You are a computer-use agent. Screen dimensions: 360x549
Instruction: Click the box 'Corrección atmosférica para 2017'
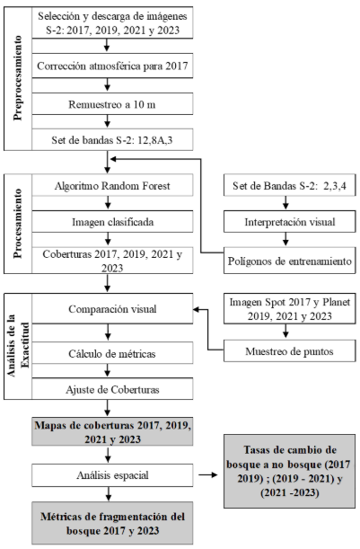[112, 66]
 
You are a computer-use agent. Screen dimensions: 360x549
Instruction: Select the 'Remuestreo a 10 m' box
[112, 104]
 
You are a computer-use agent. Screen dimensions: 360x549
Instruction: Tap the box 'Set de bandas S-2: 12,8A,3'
[112, 140]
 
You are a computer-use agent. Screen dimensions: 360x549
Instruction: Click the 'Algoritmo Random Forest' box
[112, 185]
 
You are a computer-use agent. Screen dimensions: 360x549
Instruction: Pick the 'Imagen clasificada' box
[112, 222]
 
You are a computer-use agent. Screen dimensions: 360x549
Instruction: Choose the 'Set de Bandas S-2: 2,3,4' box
[290, 185]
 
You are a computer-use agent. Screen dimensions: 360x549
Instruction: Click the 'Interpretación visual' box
[290, 222]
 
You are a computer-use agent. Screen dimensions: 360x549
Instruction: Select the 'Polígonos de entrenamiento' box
[290, 261]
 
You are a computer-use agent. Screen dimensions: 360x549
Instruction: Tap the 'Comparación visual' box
[112, 308]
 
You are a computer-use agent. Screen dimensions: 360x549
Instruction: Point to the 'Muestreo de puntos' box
[290, 351]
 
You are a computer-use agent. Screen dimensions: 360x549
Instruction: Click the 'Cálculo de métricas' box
[112, 353]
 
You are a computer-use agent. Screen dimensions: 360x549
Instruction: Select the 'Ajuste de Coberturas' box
[112, 389]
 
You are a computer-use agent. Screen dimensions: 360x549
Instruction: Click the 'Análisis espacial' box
[112, 475]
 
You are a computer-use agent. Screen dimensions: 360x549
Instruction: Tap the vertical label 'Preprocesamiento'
[18, 78]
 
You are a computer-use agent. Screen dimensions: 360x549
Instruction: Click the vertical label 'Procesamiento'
[18, 224]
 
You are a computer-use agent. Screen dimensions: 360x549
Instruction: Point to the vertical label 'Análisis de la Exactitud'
[18, 346]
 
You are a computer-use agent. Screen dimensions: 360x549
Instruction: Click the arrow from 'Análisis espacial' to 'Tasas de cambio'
[207, 475]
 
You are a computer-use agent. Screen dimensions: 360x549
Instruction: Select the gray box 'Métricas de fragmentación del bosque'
[112, 523]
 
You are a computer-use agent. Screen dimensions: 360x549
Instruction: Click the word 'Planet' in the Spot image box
[337, 302]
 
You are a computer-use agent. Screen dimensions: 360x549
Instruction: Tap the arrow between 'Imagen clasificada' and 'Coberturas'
[108, 240]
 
